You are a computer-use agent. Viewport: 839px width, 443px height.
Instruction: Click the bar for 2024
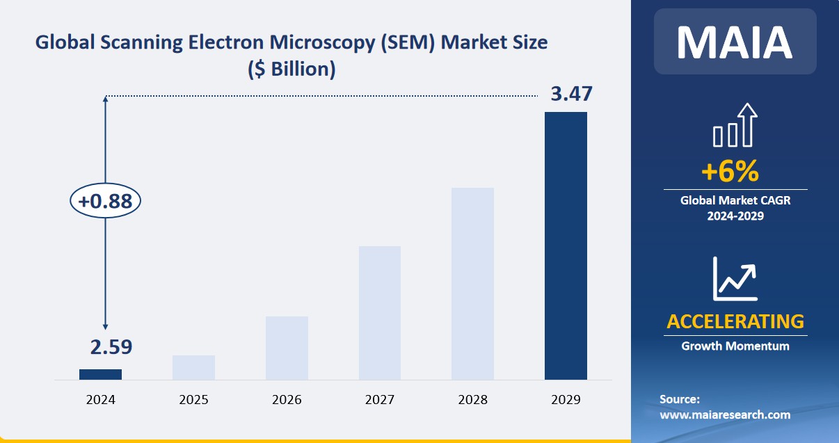tap(100, 374)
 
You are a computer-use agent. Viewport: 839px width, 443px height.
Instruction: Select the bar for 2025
tap(193, 367)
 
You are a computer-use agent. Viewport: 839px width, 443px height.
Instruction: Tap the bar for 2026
tap(287, 348)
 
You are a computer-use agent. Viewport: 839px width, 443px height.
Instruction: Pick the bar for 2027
tap(380, 313)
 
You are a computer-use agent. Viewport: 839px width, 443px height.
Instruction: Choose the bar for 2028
tap(472, 284)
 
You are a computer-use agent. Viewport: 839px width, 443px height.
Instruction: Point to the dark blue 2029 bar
tap(566, 245)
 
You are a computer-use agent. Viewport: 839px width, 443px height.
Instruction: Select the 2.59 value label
tap(111, 347)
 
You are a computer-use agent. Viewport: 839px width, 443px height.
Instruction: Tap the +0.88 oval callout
tap(105, 202)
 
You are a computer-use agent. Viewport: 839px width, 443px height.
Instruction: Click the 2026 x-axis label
tap(287, 400)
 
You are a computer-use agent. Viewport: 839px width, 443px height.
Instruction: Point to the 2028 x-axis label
tap(472, 400)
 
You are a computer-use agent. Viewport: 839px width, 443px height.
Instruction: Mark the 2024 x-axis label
tap(100, 400)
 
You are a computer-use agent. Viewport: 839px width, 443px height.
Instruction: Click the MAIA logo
tap(735, 42)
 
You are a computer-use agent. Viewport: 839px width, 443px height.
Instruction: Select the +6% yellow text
tap(729, 170)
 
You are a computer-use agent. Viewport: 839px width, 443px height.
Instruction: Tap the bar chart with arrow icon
tap(735, 126)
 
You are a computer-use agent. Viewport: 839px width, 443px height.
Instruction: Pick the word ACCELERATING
tap(735, 321)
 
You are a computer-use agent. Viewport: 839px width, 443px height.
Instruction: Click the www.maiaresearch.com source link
tap(725, 414)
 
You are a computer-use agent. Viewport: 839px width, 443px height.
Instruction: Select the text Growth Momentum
tap(735, 346)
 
